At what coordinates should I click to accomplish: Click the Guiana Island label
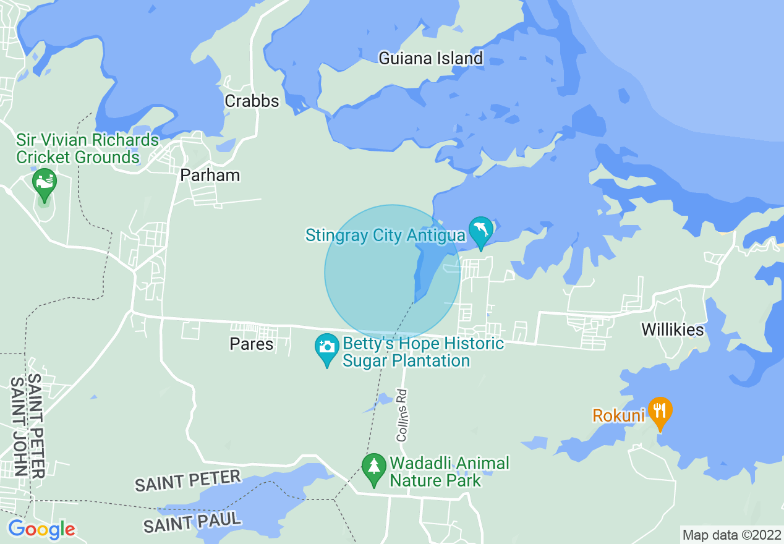pyautogui.click(x=430, y=59)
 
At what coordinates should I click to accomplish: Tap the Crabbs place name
pyautogui.click(x=252, y=101)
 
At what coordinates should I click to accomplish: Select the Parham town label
pyautogui.click(x=210, y=176)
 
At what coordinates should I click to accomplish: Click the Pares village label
pyautogui.click(x=251, y=344)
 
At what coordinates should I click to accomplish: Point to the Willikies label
pyautogui.click(x=672, y=329)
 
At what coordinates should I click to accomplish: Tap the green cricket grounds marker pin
pyautogui.click(x=45, y=182)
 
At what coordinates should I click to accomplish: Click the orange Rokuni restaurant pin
pyautogui.click(x=660, y=410)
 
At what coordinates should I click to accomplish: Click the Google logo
pyautogui.click(x=41, y=529)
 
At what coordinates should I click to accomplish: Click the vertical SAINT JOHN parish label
pyautogui.click(x=19, y=427)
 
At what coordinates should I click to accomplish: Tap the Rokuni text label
pyautogui.click(x=618, y=415)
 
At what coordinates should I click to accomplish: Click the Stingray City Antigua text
pyautogui.click(x=385, y=236)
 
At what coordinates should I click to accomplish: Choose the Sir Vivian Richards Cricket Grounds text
pyautogui.click(x=87, y=149)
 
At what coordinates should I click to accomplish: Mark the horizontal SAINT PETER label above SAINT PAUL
pyautogui.click(x=187, y=481)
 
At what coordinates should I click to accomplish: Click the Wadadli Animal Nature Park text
pyautogui.click(x=449, y=472)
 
